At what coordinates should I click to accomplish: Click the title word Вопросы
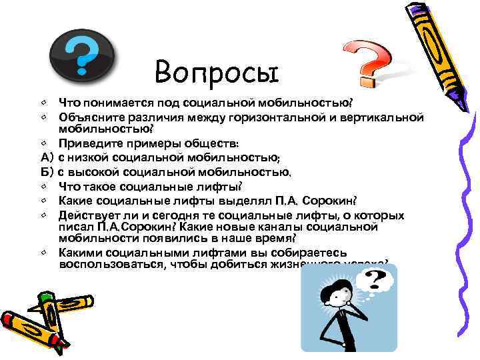[x=215, y=71]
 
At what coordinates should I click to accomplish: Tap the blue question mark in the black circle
[x=81, y=55]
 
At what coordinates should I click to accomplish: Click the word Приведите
[x=89, y=143]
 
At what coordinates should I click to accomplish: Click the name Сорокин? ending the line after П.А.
[x=332, y=201]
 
